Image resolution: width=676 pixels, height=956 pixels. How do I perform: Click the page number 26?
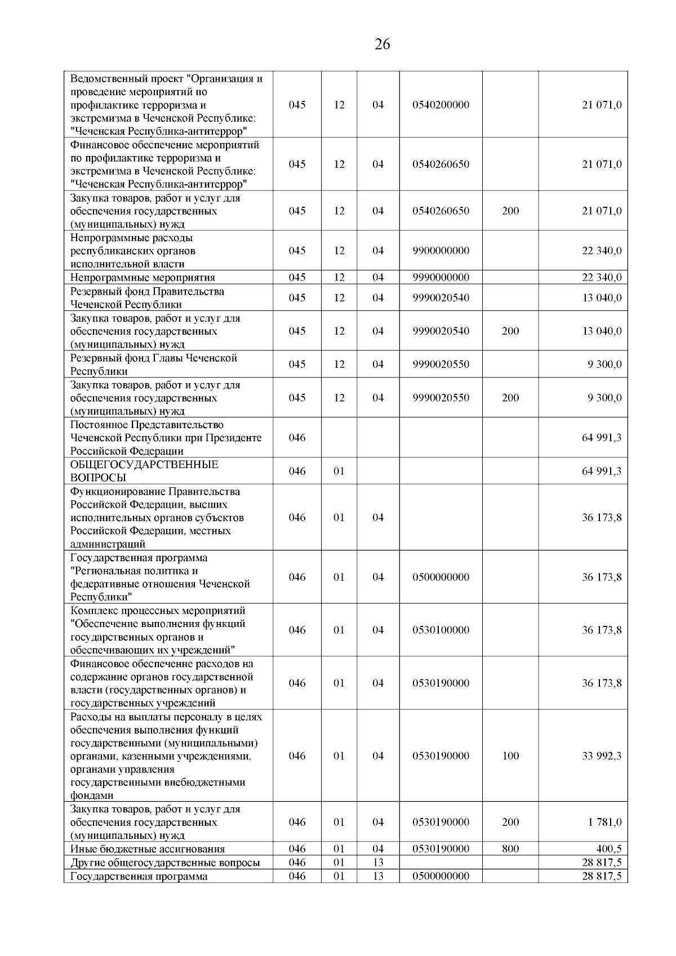pos(382,45)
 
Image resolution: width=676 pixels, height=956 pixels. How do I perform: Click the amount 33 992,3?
pos(601,756)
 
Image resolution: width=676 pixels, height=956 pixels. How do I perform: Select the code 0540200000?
pos(441,105)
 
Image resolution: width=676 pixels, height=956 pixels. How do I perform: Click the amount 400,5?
pos(609,849)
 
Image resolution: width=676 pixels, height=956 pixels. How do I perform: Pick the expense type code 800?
pos(510,849)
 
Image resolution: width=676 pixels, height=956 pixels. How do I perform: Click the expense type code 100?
pos(510,756)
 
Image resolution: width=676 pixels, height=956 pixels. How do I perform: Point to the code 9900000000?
pos(441,251)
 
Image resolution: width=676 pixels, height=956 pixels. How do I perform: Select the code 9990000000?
pos(441,277)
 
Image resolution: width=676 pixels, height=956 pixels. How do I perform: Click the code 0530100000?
pos(441,630)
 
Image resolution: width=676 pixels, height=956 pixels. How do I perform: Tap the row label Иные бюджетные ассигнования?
pos(147,850)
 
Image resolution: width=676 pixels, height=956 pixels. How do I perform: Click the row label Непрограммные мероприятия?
pos(143,278)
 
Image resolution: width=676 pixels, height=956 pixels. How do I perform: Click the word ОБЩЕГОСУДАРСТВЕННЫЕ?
pos(144,465)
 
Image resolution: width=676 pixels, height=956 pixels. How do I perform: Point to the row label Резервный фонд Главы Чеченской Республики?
pos(153,364)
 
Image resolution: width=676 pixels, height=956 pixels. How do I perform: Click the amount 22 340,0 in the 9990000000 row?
pos(601,277)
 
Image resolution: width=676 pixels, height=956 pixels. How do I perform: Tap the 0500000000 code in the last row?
pos(441,876)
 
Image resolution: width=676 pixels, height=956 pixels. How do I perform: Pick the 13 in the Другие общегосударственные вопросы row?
pos(378,862)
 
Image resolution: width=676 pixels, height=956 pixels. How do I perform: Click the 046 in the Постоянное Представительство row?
pos(297,438)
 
